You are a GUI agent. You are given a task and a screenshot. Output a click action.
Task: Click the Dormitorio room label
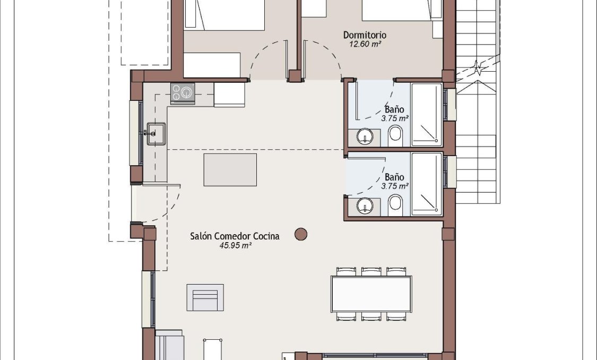pos(365,35)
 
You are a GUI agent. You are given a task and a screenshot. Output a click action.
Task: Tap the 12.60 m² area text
pos(365,45)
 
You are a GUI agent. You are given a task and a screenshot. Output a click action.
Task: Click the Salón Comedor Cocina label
pos(235,236)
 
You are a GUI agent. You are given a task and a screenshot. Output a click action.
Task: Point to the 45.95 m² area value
pos(235,246)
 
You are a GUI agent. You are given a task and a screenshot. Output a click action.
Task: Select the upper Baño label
pos(394,109)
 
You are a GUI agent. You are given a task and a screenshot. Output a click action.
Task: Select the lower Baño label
pos(394,177)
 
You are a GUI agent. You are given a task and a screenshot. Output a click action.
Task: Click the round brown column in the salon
pos(301,234)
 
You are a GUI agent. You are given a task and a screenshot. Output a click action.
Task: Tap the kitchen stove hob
pos(183,93)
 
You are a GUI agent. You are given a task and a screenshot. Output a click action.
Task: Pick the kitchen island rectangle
pos(230,169)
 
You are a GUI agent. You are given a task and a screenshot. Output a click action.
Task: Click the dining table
pos(371,294)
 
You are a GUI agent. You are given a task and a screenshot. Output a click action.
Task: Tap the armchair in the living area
pos(205,297)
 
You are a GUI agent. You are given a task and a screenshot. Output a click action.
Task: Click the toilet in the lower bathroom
pos(395,204)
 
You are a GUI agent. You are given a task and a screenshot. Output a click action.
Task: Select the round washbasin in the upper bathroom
pos(365,138)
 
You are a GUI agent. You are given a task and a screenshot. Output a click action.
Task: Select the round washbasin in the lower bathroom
pos(365,205)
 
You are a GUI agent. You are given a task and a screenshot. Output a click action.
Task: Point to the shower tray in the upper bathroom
pos(427,115)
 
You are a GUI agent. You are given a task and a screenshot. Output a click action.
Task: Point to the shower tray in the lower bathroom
pos(427,184)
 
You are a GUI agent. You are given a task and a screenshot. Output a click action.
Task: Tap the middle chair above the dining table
pos(371,271)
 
